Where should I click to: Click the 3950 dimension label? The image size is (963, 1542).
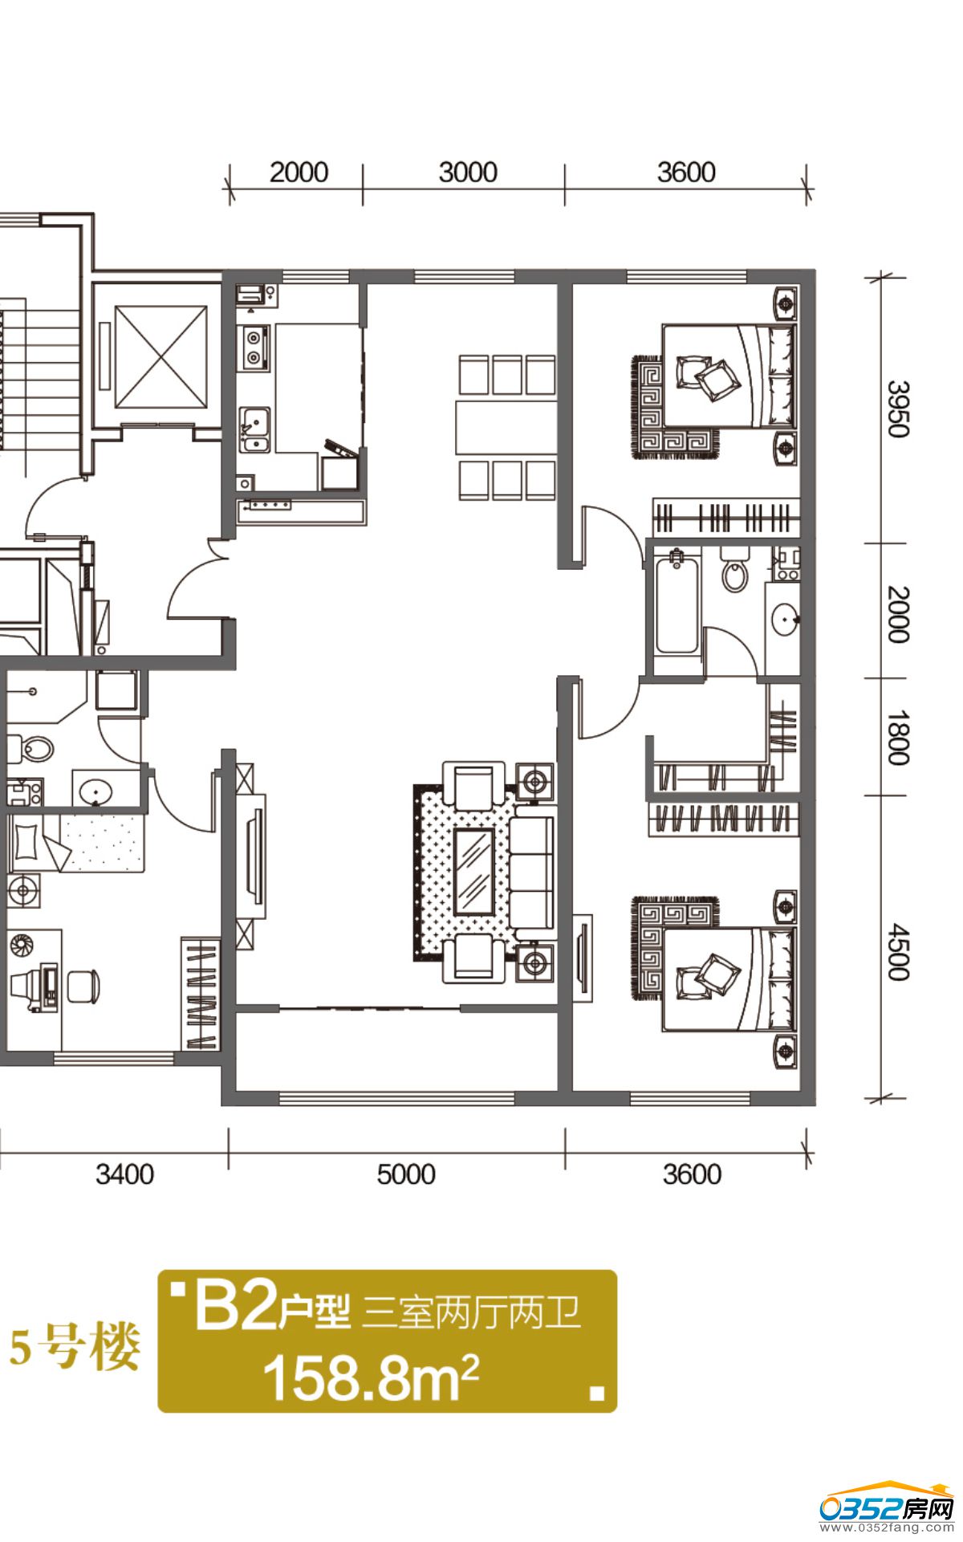click(x=898, y=409)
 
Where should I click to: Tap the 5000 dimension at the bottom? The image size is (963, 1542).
click(x=406, y=1174)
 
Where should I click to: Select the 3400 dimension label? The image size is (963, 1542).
click(x=124, y=1174)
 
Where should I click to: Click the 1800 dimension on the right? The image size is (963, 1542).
click(x=898, y=738)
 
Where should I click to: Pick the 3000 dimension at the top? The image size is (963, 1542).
click(x=468, y=172)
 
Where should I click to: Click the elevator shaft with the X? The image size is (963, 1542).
click(x=161, y=356)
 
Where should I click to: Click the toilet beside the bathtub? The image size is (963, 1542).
click(x=733, y=569)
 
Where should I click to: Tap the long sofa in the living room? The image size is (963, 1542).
click(x=531, y=872)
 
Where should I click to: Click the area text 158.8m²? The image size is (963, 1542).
click(x=371, y=1377)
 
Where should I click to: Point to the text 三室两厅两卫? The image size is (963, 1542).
click(x=471, y=1312)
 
